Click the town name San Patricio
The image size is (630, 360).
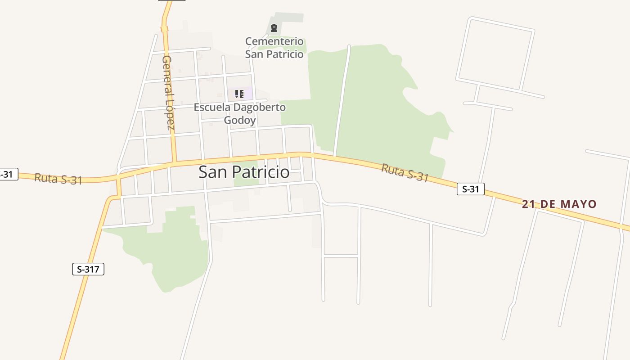tap(244, 172)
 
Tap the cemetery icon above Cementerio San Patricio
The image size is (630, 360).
tap(274, 28)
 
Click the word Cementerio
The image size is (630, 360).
tap(274, 41)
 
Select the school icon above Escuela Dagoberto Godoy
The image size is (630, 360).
tap(239, 94)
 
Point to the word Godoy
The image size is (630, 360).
tap(240, 120)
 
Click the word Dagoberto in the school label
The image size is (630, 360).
tap(260, 108)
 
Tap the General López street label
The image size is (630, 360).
tap(168, 92)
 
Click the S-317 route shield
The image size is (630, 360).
tap(88, 269)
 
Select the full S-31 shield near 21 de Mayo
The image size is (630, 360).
tap(471, 189)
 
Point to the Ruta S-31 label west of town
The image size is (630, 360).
tap(58, 179)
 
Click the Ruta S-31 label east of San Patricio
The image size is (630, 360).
tap(405, 173)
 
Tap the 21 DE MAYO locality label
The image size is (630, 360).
tap(559, 204)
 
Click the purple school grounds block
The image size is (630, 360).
tap(247, 94)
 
